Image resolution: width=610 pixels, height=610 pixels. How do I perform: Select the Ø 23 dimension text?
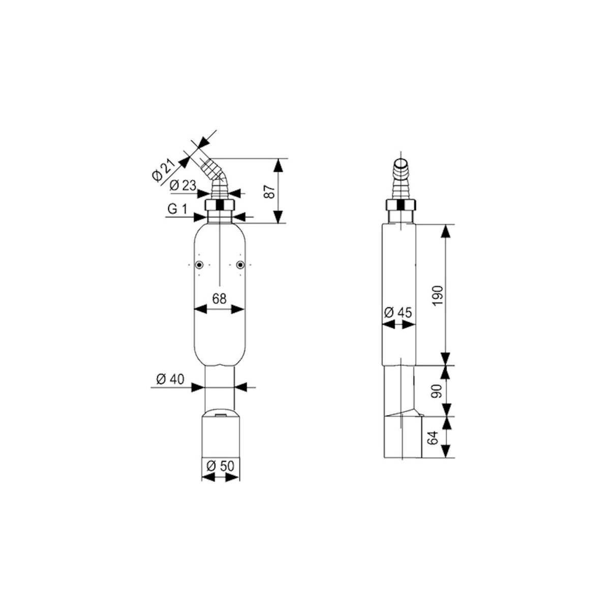click(182, 185)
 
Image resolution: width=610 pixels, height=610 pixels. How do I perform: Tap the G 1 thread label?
click(177, 209)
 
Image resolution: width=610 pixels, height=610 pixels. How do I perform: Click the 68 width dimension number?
click(219, 298)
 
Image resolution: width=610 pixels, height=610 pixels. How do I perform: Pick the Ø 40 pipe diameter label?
click(170, 379)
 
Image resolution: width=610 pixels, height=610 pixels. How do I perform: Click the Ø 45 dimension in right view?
click(398, 313)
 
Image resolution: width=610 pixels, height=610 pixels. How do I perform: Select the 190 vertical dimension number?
click(438, 295)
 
